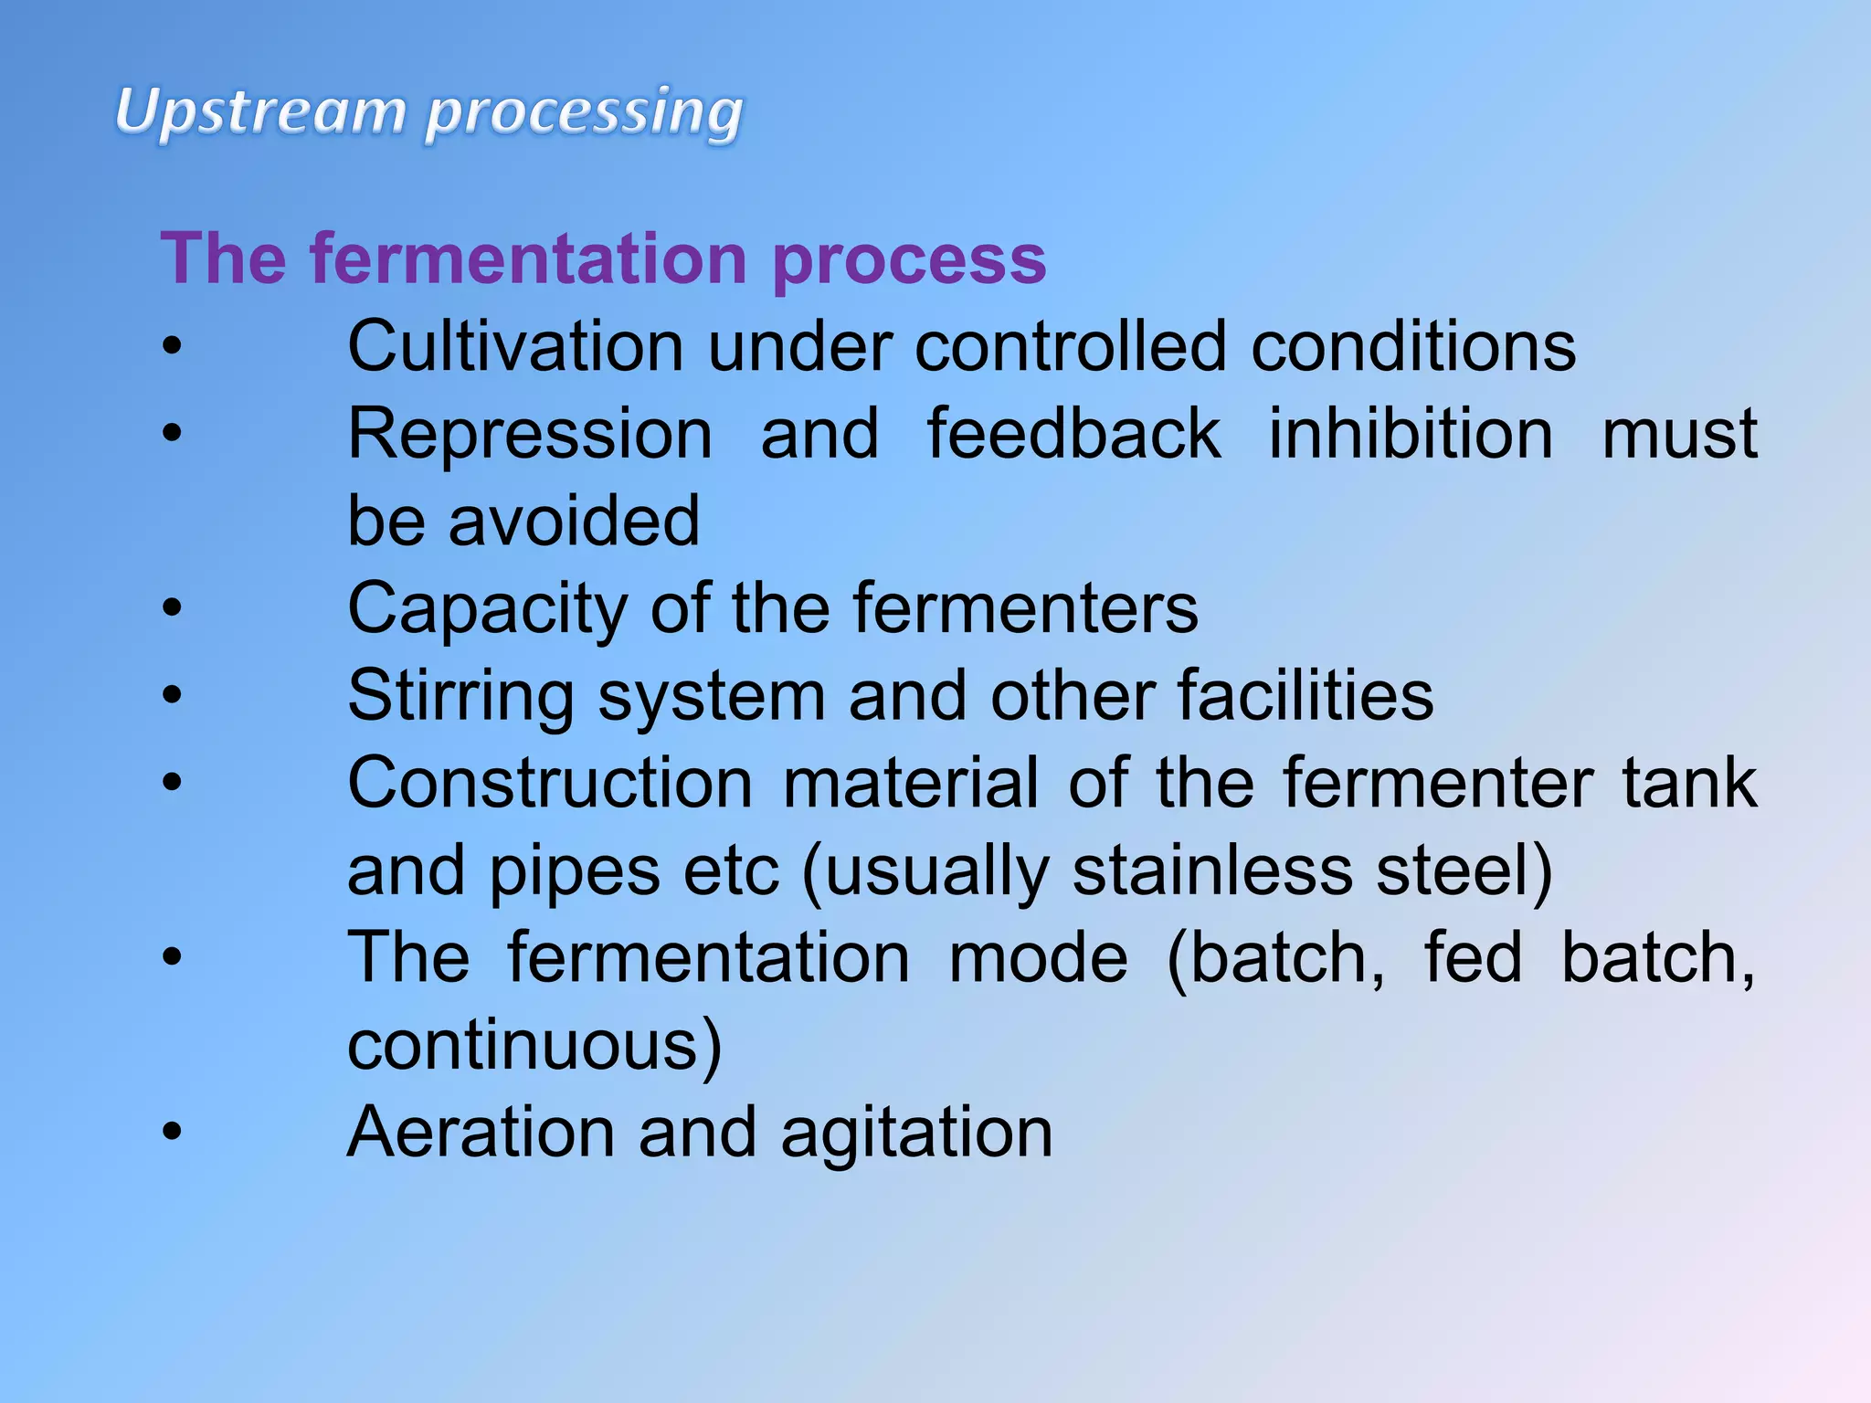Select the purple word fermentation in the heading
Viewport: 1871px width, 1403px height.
pyautogui.click(x=529, y=258)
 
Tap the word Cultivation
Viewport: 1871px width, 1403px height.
pyautogui.click(x=515, y=346)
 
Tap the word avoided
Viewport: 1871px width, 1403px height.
pyautogui.click(x=574, y=521)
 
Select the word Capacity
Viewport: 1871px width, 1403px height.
pyautogui.click(x=488, y=609)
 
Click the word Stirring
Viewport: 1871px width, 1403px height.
pyautogui.click(x=461, y=697)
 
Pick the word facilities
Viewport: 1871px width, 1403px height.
pyautogui.click(x=1305, y=695)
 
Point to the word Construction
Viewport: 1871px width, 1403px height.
pyautogui.click(x=550, y=783)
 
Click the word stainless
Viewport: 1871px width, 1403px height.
pyautogui.click(x=1212, y=870)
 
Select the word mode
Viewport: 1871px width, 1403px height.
pyautogui.click(x=1038, y=958)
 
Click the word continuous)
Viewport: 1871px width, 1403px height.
pyautogui.click(x=535, y=1045)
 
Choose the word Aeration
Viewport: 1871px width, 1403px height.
pyautogui.click(x=481, y=1133)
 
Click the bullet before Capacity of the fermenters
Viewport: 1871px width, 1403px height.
pyautogui.click(x=172, y=608)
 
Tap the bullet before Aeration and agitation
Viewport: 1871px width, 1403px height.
pyautogui.click(x=172, y=1133)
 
